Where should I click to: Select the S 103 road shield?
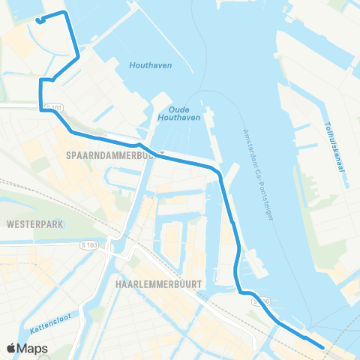(88, 245)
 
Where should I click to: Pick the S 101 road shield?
(52, 109)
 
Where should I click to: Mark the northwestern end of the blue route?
(37, 20)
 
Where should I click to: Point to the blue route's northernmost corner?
(67, 13)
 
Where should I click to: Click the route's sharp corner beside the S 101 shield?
(41, 109)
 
